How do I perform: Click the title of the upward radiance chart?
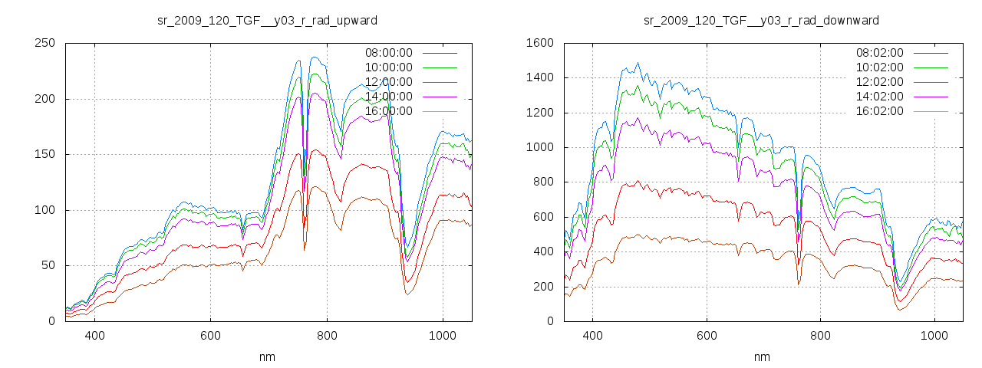click(x=267, y=20)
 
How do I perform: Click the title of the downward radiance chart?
click(x=761, y=20)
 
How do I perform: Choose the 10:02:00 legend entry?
click(x=879, y=67)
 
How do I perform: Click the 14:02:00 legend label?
click(x=879, y=97)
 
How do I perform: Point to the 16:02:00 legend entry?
click(x=879, y=111)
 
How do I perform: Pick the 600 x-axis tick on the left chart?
click(x=210, y=335)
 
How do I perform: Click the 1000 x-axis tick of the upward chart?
click(x=443, y=335)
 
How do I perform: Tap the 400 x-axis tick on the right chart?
click(x=592, y=335)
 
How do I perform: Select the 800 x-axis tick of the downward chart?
click(x=821, y=335)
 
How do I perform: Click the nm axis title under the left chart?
click(x=267, y=356)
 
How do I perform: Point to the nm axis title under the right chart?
click(x=761, y=356)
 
